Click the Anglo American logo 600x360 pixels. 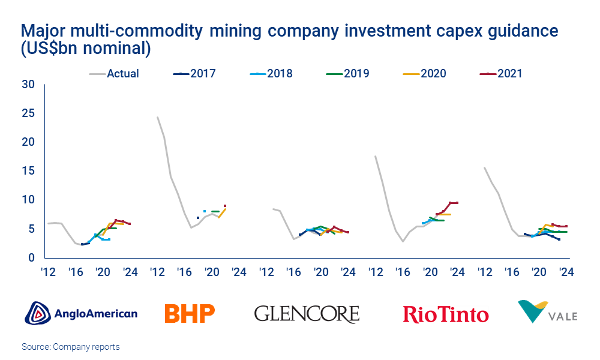pos(81,313)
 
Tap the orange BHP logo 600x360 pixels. pos(190,313)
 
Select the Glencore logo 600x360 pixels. pos(307,314)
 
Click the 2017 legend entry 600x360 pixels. pos(195,74)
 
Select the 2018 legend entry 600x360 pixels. pos(271,74)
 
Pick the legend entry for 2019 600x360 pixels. pos(348,74)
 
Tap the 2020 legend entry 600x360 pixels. pos(425,74)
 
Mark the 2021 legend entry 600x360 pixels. pos(501,74)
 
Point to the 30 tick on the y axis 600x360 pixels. pos(28,84)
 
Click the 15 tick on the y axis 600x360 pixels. pos(28,171)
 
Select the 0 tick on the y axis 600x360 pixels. pos(31,258)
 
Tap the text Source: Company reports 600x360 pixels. pos(71,347)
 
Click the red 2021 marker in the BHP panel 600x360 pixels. pos(225,206)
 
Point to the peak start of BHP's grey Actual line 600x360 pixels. pos(157,117)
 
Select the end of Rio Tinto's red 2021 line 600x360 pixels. pos(457,203)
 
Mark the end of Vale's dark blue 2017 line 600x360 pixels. pos(559,239)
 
